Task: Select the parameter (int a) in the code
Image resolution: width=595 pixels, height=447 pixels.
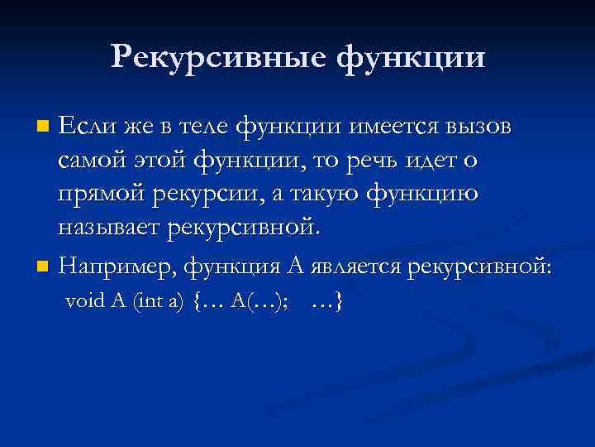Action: pyautogui.click(x=160, y=302)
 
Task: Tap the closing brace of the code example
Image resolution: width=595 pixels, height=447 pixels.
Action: pyautogui.click(x=339, y=302)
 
